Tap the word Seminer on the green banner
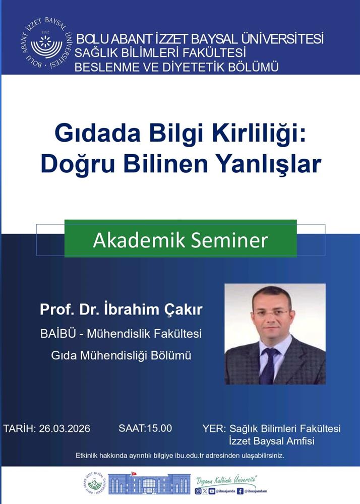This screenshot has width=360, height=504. coord(229,240)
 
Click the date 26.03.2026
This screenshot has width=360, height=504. coord(65,428)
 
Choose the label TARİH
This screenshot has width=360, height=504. coord(19,428)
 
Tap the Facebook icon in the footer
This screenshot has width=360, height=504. coord(240,491)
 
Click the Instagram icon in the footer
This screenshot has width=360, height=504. coord(198,491)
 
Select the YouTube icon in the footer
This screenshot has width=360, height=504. coord(212,491)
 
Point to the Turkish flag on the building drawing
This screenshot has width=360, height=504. coord(134,473)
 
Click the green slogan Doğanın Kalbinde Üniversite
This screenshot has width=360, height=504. coord(226,481)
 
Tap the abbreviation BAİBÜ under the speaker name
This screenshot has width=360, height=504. coord(58,333)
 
